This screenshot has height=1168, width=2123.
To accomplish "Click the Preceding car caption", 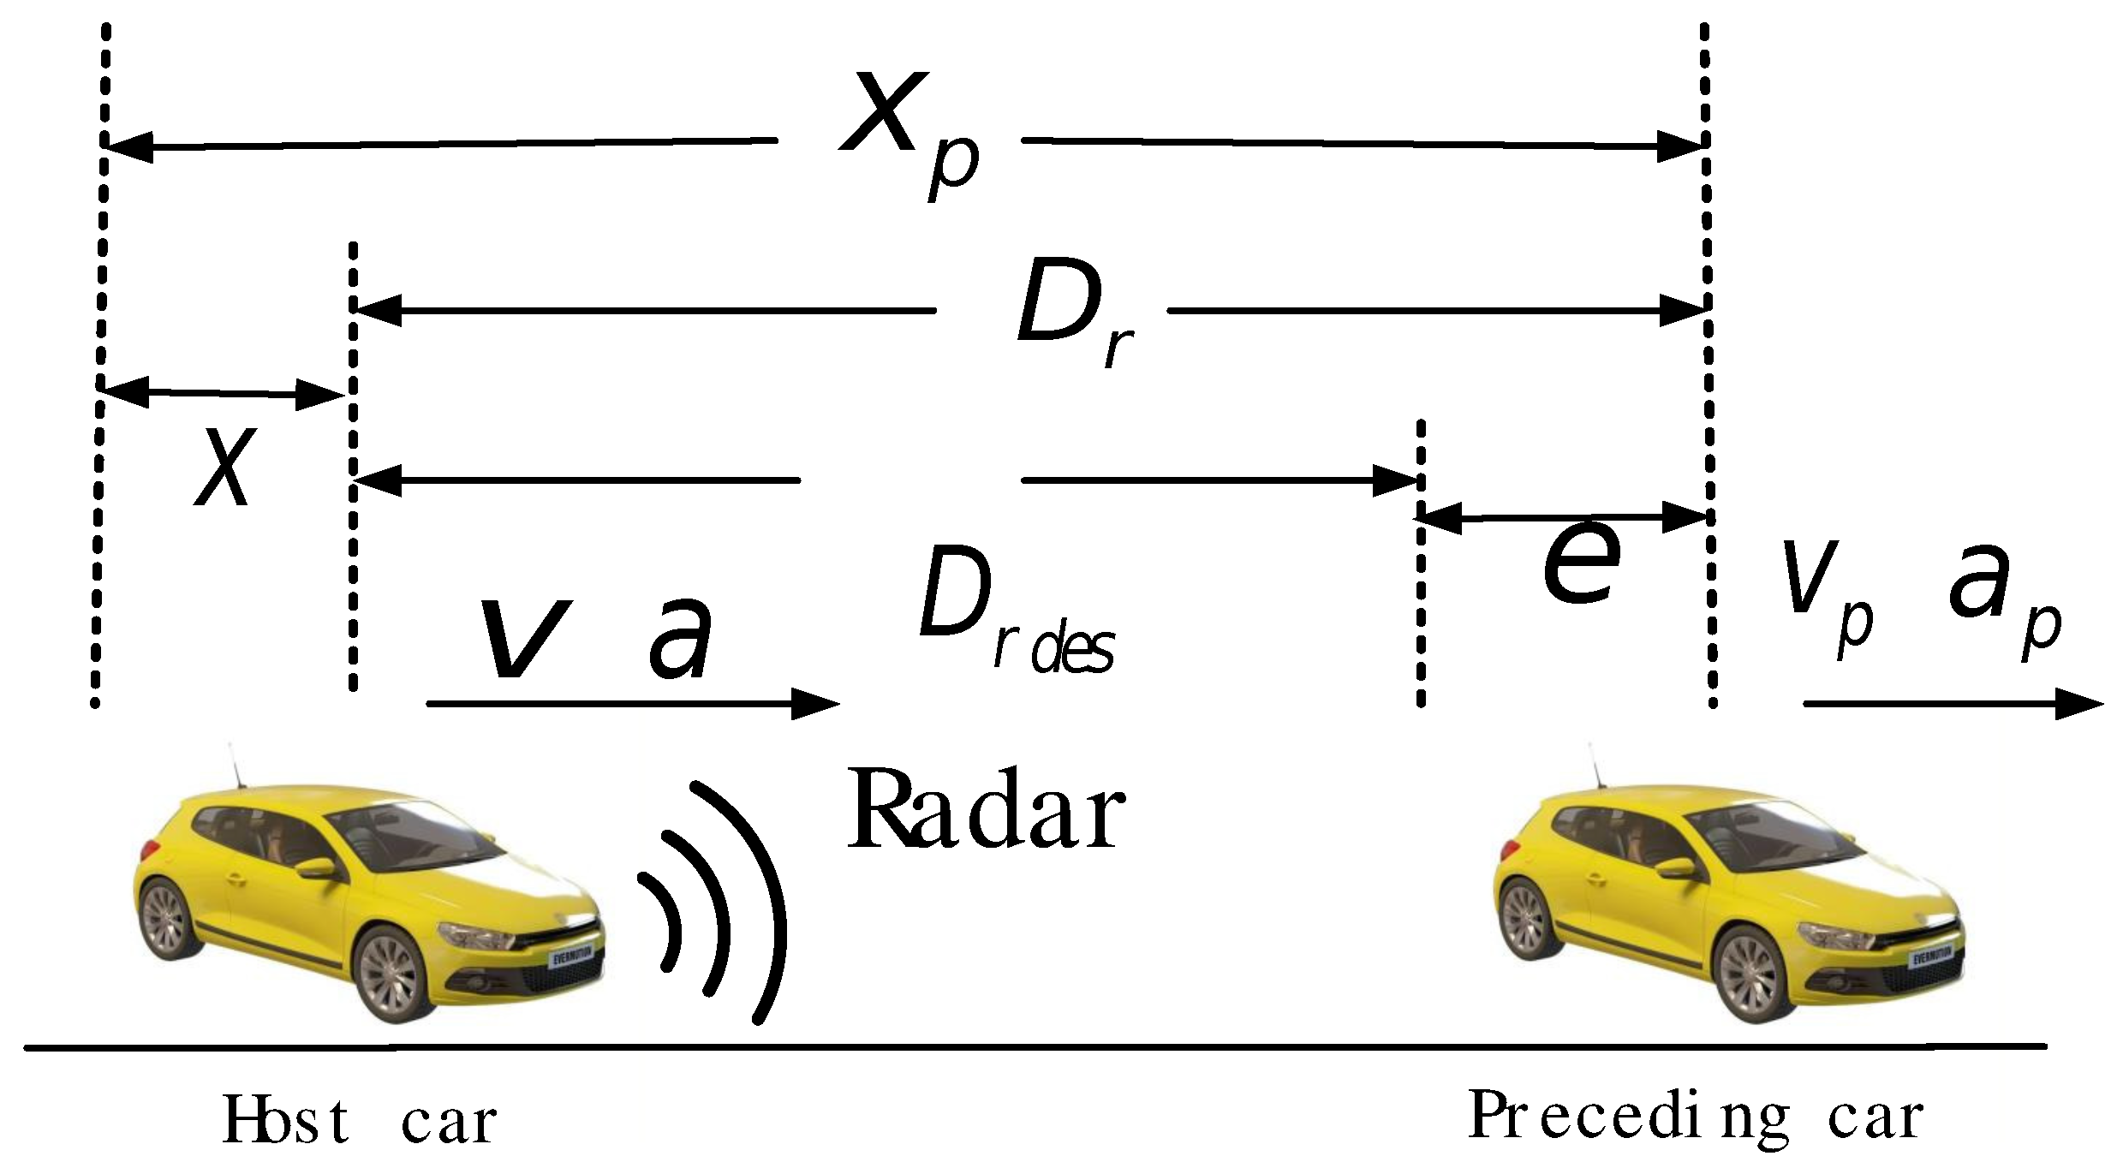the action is click(x=1696, y=1117).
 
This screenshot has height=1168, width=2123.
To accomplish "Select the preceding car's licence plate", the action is click(x=1937, y=957).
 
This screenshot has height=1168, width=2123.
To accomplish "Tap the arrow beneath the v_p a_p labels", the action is click(x=1953, y=704).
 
